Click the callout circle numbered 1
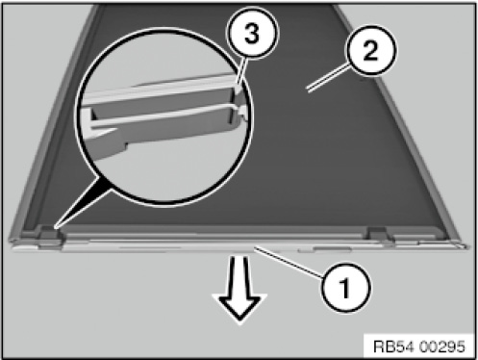coord(346,287)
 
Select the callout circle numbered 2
coord(370,51)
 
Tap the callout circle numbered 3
coord(252,33)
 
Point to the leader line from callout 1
coord(288,260)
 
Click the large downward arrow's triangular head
coord(239,307)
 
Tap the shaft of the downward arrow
coord(239,275)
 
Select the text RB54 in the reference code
coord(394,347)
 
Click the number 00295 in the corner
coord(441,347)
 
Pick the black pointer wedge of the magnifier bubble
coord(84,202)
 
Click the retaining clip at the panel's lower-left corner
coord(51,237)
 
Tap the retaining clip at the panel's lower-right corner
coord(379,234)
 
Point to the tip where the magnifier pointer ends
coord(56,228)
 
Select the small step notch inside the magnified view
coord(124,145)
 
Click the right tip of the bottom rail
coord(468,246)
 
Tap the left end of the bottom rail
coord(13,248)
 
